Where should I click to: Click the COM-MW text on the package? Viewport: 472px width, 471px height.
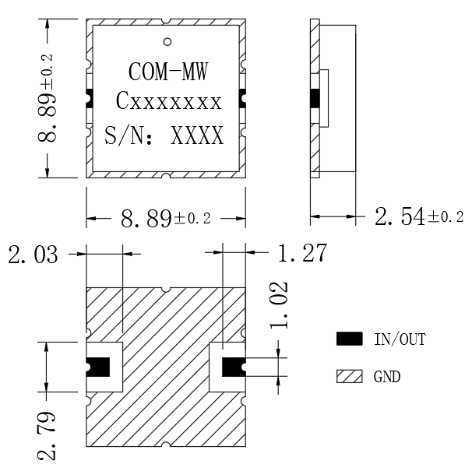[x=168, y=72]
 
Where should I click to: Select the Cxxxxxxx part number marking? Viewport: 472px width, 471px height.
[x=168, y=100]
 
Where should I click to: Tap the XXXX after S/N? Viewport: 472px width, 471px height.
[x=197, y=135]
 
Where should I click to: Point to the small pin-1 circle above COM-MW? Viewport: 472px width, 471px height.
[x=167, y=41]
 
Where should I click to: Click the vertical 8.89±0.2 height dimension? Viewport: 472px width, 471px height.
[x=47, y=98]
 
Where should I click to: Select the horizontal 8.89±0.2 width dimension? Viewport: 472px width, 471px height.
[x=166, y=218]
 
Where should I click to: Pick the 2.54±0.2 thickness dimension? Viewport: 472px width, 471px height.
[x=419, y=216]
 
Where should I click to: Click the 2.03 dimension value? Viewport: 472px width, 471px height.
[x=33, y=255]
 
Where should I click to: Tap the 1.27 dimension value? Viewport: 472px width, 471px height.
[x=302, y=252]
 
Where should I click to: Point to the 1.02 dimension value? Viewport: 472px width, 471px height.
[x=279, y=305]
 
